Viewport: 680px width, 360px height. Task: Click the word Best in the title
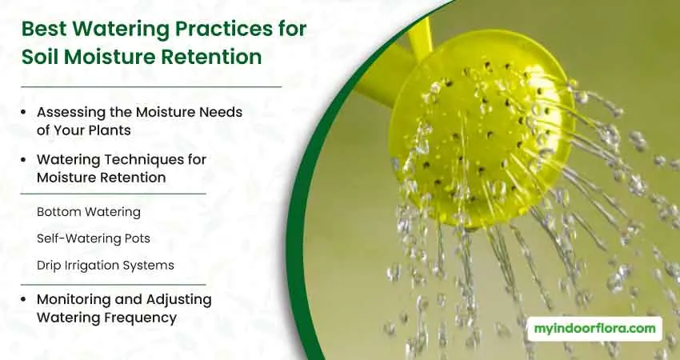44,29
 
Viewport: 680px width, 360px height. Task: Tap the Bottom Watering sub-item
89,212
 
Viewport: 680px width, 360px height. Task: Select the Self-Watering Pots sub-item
94,238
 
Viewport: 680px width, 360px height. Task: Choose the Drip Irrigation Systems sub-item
106,266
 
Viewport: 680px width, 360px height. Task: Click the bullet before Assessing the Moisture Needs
23,112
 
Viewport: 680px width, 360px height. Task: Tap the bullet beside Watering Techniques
23,160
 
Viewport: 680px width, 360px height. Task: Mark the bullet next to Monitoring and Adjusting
23,300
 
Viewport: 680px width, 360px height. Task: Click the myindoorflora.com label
594,329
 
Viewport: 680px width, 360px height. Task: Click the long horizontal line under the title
151,86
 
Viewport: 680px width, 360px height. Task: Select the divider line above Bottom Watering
113,194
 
